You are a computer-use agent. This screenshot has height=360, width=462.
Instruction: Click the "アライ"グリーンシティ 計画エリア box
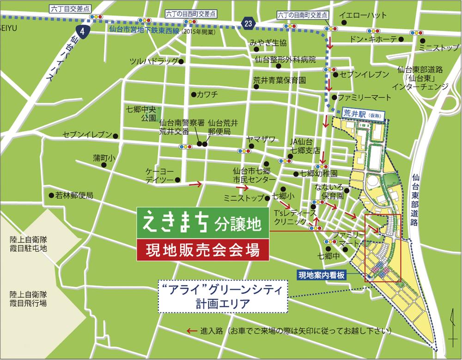point(223,297)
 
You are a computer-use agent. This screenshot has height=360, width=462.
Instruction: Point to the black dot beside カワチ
point(192,94)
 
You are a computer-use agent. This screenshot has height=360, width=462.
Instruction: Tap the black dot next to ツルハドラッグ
point(182,61)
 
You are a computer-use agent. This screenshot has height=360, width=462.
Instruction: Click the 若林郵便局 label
point(74,195)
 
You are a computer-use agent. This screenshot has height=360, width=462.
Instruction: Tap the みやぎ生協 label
point(268,43)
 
